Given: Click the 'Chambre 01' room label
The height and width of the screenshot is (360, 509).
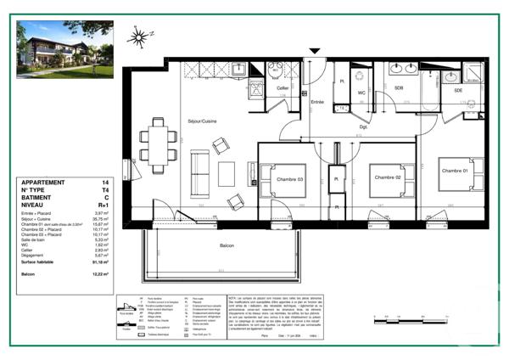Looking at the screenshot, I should tap(455, 170).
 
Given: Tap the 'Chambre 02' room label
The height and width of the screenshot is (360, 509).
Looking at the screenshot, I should tap(386, 177).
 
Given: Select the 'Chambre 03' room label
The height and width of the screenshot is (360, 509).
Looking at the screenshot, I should tap(289, 178).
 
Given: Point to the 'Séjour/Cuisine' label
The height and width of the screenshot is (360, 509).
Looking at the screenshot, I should tap(202, 121).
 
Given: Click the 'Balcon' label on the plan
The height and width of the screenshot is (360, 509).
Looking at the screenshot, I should tap(227, 245).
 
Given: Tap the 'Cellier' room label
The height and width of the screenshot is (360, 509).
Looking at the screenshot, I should tap(282, 87).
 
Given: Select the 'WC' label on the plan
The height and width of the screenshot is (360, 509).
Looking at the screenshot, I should tap(361, 92).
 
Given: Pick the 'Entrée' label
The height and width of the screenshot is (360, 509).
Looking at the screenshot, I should tap(317, 102).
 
